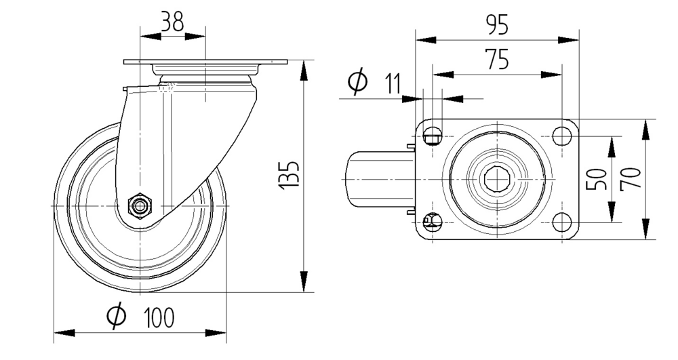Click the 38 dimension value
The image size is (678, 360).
[172, 22]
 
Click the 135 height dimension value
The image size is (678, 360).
[290, 175]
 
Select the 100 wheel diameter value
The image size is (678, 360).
[159, 317]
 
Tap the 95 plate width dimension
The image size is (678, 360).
[498, 25]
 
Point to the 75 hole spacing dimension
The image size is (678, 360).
[498, 61]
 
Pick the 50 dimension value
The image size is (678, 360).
[597, 180]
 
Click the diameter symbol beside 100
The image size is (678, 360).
[117, 315]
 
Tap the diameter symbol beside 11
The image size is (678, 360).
[357, 82]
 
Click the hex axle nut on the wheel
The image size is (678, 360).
[140, 205]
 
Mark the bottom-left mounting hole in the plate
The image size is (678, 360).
[432, 221]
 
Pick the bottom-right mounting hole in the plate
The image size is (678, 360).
[561, 221]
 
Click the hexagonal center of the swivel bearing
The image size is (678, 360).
[497, 179]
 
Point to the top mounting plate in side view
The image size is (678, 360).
[205, 62]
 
